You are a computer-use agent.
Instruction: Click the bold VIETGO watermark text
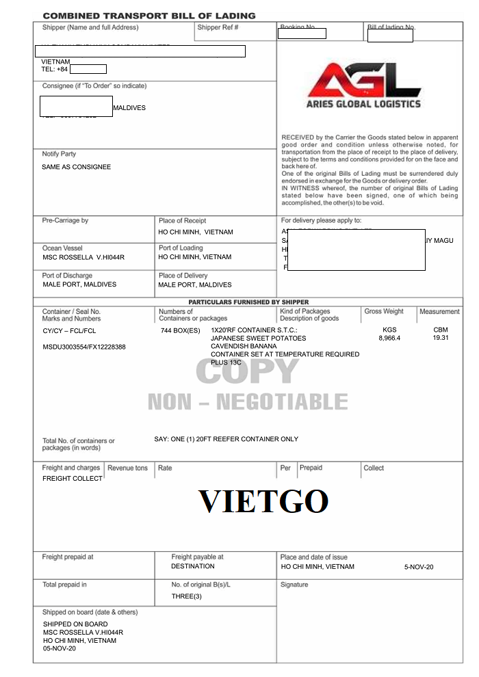[263, 501]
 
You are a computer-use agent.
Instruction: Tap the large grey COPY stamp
[247, 371]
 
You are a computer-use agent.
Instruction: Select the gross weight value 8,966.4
[389, 338]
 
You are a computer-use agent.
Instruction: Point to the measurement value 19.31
[440, 338]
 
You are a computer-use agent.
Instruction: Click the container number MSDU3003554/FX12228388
[84, 347]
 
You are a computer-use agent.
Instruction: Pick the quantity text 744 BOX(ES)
[181, 330]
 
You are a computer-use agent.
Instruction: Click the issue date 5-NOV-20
[419, 567]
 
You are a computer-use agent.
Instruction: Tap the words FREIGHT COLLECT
[73, 479]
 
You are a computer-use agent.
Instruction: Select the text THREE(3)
[187, 597]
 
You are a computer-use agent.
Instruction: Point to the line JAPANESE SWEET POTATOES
[259, 338]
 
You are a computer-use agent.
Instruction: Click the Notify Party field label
[59, 154]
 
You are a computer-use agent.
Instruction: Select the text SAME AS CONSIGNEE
[76, 167]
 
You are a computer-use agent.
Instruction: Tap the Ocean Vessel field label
[62, 248]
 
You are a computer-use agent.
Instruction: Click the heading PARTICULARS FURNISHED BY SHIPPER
[248, 302]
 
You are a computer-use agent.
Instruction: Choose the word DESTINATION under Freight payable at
[193, 566]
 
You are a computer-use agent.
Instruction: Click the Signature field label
[294, 585]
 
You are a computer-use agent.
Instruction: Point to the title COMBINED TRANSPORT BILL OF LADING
[148, 15]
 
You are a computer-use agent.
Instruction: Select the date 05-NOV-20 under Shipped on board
[60, 648]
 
